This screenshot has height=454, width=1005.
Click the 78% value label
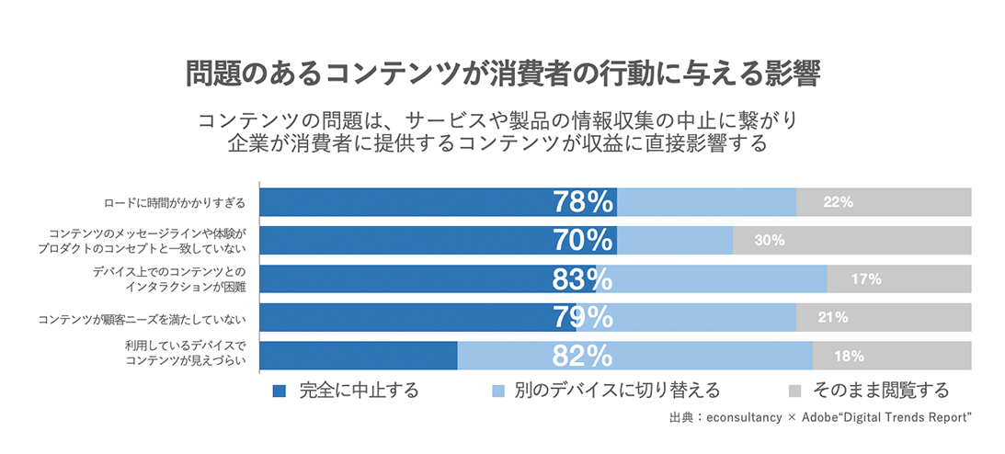click(x=583, y=202)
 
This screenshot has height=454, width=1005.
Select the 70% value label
click(x=583, y=241)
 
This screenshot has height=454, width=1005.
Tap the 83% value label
click(x=583, y=279)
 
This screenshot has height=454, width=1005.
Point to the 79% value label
click(x=583, y=317)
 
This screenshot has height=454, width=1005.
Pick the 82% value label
click(x=583, y=356)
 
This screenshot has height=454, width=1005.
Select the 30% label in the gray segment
click(x=769, y=241)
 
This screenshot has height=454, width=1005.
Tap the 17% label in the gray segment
click(x=866, y=279)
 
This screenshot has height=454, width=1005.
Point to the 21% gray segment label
click(x=832, y=317)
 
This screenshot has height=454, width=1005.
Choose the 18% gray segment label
click(x=849, y=356)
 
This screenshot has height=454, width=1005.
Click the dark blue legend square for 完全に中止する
click(x=280, y=391)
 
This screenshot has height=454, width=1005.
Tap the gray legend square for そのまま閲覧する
click(x=796, y=391)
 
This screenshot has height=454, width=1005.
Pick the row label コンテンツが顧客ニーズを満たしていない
click(x=143, y=318)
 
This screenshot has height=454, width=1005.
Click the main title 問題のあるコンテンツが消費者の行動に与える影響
click(x=502, y=74)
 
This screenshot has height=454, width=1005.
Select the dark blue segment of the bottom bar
click(x=359, y=356)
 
